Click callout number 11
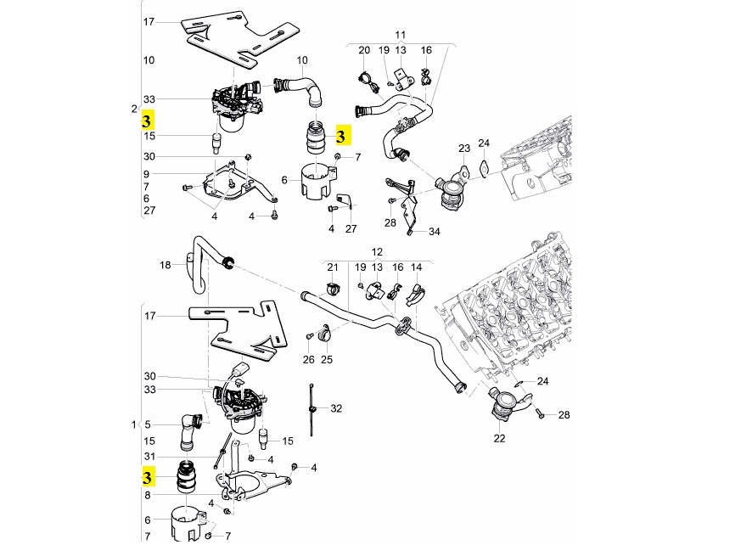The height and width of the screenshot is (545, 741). click(x=401, y=35)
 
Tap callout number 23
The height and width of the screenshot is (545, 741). click(x=464, y=148)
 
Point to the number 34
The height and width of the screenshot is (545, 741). click(x=435, y=232)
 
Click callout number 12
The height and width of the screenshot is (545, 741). click(x=377, y=252)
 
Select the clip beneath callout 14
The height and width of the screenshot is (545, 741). click(x=415, y=294)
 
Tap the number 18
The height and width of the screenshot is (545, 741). click(x=165, y=265)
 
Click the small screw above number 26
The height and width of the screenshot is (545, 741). click(x=310, y=335)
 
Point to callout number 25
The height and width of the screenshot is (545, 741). click(x=327, y=360)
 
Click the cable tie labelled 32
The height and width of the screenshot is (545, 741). click(x=312, y=409)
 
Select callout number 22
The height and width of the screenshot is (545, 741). click(x=499, y=439)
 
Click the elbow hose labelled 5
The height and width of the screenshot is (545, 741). click(x=191, y=430)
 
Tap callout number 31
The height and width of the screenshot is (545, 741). click(x=149, y=457)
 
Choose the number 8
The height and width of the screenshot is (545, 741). click(x=148, y=496)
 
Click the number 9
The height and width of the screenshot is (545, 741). click(x=147, y=174)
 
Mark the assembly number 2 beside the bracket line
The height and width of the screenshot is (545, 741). click(x=134, y=110)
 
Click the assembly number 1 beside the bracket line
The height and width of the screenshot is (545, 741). click(x=134, y=425)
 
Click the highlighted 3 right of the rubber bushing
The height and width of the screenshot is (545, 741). click(x=341, y=136)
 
